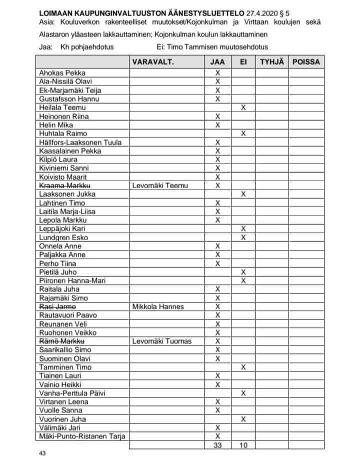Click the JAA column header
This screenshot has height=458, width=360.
pos(217,63)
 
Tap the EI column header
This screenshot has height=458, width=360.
pos(243,63)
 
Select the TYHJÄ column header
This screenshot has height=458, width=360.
pos(272,63)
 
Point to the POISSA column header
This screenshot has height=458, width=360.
pos(306,63)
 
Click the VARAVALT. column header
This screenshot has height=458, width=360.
pos(152,63)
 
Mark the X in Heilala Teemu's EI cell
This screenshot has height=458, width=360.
pos(243,108)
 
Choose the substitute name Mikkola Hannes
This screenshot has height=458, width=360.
pos(158,306)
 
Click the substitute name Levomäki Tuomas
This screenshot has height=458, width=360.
pos(161,341)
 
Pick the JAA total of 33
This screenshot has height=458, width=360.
pos(217,444)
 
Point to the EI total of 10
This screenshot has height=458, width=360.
pos(243,444)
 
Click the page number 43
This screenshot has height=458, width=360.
pos(42,453)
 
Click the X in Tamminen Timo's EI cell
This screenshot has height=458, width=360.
pos(243,367)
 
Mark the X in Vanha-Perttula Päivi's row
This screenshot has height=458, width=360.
pos(243,393)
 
